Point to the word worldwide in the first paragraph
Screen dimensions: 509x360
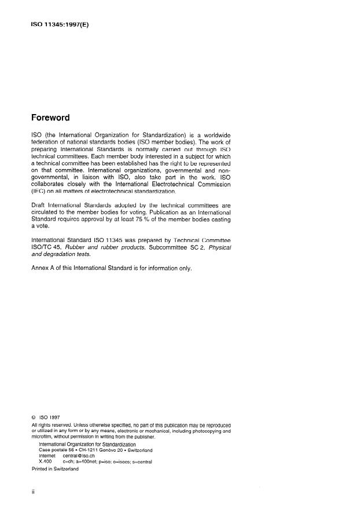[213, 134]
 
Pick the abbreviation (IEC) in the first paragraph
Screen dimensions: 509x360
[41, 192]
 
